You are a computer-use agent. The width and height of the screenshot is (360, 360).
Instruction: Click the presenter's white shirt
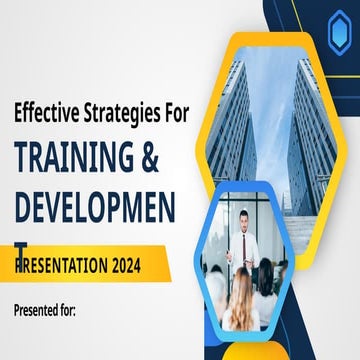pyautogui.click(x=250, y=245)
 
